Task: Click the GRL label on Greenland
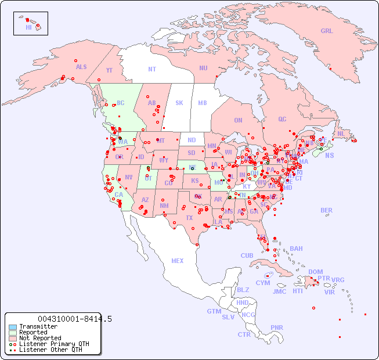pyautogui.click(x=327, y=31)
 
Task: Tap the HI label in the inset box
pyautogui.click(x=28, y=27)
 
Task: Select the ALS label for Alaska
pyautogui.click(x=81, y=67)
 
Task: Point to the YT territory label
pyautogui.click(x=109, y=70)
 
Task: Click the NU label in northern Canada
pyautogui.click(x=203, y=68)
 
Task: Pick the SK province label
pyautogui.click(x=179, y=103)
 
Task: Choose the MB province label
pyautogui.click(x=202, y=103)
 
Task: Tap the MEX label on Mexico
pyautogui.click(x=177, y=261)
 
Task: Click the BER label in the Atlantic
pyautogui.click(x=326, y=210)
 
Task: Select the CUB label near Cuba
pyautogui.click(x=247, y=255)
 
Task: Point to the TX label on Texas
pyautogui.click(x=189, y=218)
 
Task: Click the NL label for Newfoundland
pyautogui.click(x=341, y=133)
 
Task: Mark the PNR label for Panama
pyautogui.click(x=277, y=327)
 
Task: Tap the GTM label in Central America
pyautogui.click(x=214, y=311)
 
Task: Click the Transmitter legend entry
pyautogui.click(x=38, y=326)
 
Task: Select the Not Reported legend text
pyautogui.click(x=40, y=338)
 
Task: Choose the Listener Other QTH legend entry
pyautogui.click(x=50, y=350)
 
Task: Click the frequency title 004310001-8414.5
pyautogui.click(x=75, y=319)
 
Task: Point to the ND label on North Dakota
pyautogui.click(x=192, y=140)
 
